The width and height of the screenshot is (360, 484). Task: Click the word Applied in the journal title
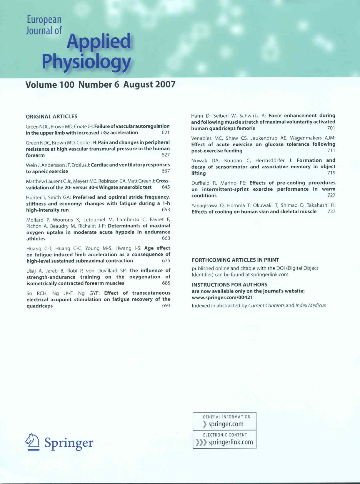coord(99,41)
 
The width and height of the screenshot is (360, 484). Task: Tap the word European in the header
coord(44,20)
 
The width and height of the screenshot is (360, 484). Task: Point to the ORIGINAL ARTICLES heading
coord(52,117)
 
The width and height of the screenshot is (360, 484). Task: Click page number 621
coord(166,133)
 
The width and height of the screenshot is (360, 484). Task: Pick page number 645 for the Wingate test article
coord(166,187)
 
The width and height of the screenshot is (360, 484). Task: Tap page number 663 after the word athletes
coord(166,238)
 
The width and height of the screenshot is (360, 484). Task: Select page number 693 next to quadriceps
coord(166,305)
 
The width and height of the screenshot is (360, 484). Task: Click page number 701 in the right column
coord(331,128)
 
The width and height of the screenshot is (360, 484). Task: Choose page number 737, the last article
coord(331,211)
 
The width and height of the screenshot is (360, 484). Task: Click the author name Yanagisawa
coord(205,205)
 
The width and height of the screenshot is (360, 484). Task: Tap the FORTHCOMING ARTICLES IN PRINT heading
coord(235,260)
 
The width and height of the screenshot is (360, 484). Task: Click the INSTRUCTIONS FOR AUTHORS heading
coord(229,285)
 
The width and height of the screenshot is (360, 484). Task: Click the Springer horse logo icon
coord(33,442)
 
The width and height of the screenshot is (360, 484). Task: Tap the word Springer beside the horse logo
coord(69,443)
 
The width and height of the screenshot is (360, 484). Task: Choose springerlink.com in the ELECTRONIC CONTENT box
coord(230,442)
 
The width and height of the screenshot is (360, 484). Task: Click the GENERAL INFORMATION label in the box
coord(226,417)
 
